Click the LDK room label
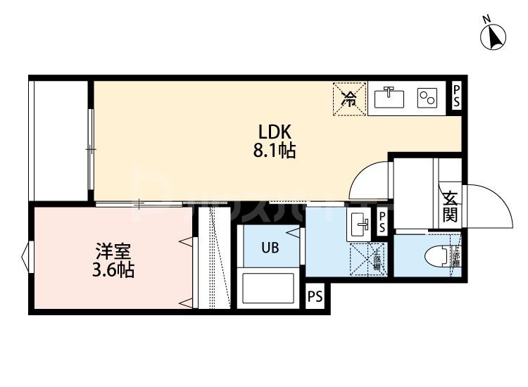pos(275,132)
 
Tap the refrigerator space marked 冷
pos(349,99)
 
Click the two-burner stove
pos(427,99)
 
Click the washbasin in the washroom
pos(359,226)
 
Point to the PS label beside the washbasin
pos(382,224)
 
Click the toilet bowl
pos(438,256)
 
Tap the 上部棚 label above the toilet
pos(455,257)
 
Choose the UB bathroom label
pos(271,247)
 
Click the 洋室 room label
pos(113,251)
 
